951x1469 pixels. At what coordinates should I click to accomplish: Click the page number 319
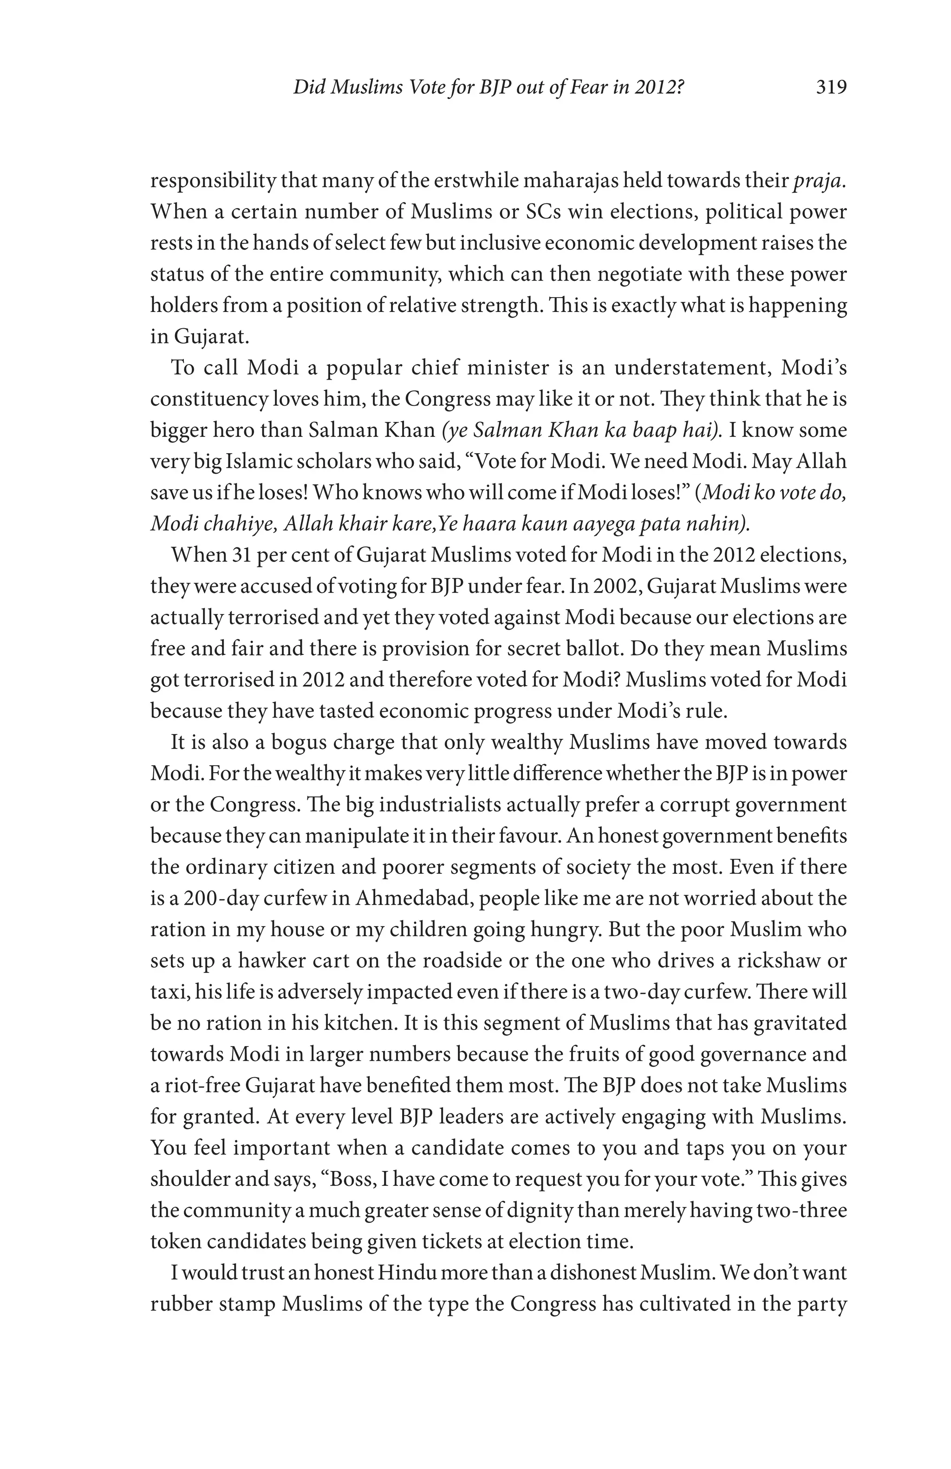click(831, 88)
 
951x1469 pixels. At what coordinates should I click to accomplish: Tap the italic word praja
click(821, 182)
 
